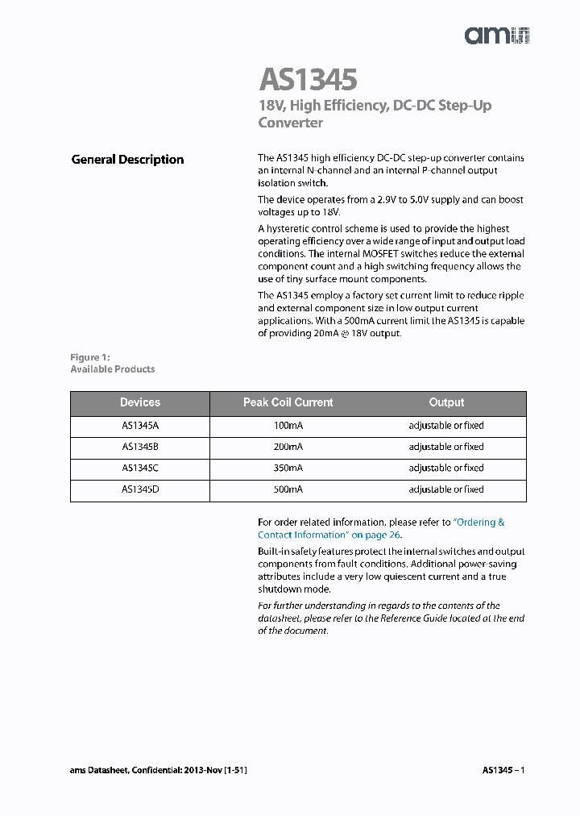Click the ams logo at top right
point(497,35)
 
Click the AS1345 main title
point(308,80)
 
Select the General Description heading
point(127,160)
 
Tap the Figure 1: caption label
point(89,357)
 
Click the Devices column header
point(140,402)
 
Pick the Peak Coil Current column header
point(288,402)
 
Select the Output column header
point(446,402)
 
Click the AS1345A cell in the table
point(140,426)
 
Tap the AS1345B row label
point(140,447)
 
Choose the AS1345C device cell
point(140,468)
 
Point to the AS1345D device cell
point(140,489)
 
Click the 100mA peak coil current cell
point(288,426)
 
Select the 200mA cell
point(288,447)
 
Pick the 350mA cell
point(288,468)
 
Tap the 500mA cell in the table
point(288,489)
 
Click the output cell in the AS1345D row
point(446,489)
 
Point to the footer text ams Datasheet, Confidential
point(158,770)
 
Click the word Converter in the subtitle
point(290,123)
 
